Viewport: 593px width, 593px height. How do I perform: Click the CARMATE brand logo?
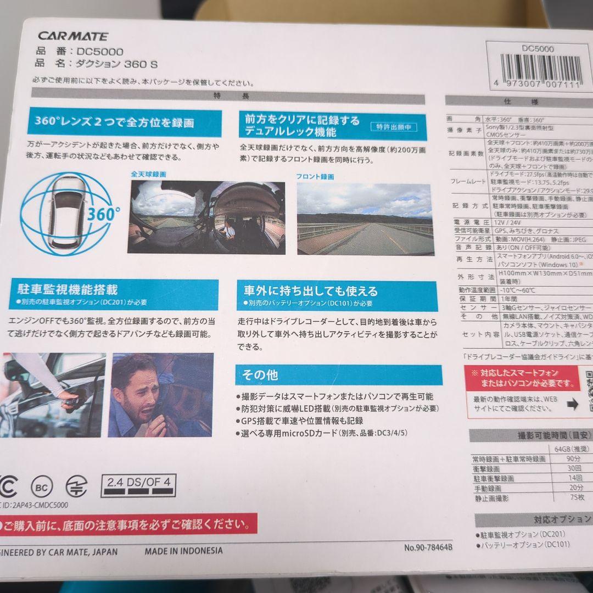point(73,37)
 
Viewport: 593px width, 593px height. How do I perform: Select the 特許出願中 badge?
point(393,127)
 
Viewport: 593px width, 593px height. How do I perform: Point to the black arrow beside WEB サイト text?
point(571,405)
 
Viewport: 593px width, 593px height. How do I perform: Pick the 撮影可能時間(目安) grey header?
point(530,435)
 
